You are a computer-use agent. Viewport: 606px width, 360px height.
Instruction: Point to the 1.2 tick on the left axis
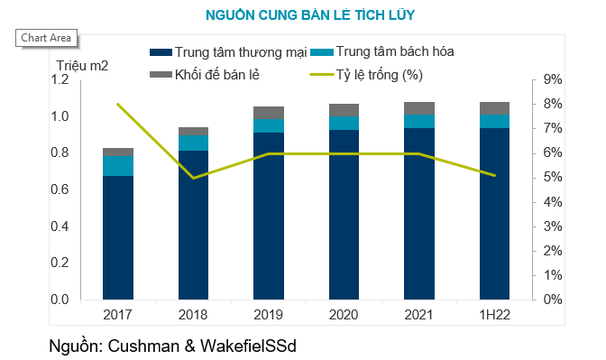[x=59, y=80]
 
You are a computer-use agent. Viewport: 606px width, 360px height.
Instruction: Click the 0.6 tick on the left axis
[x=59, y=189]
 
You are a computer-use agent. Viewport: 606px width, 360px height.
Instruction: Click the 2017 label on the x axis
[x=118, y=313]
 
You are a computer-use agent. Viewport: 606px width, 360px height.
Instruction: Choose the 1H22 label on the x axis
[x=494, y=313]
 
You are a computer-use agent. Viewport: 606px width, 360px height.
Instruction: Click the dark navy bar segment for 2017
[x=118, y=237]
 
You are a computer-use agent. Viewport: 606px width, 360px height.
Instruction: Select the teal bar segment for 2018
[x=193, y=143]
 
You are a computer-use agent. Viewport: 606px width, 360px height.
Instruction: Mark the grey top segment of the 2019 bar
[x=269, y=112]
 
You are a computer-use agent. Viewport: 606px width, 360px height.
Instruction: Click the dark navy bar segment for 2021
[x=419, y=213]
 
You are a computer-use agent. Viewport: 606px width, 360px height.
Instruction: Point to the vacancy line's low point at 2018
[x=193, y=178]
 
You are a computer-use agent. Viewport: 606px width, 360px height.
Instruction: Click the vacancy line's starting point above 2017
[x=118, y=105]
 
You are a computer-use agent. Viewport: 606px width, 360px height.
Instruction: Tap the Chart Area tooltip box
[x=44, y=38]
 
